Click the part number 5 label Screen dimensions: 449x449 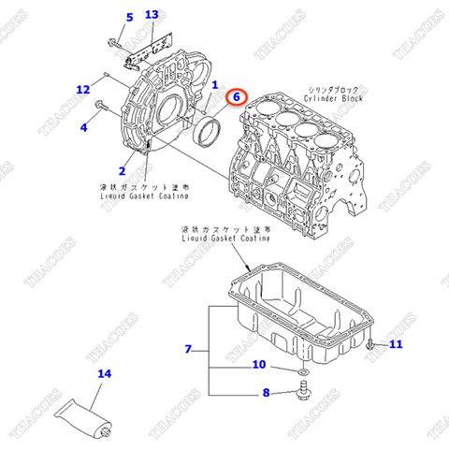point(129,17)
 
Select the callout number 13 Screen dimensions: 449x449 point(152,16)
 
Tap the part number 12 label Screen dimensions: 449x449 point(83,89)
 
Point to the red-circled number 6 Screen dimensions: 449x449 point(237,96)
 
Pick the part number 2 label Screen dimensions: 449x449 point(122,170)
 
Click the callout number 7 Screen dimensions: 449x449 point(188,349)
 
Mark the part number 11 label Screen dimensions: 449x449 point(395,345)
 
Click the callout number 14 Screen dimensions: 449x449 point(104,374)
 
